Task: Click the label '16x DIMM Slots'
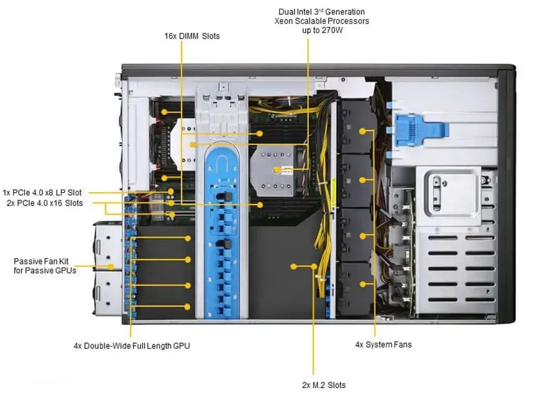pos(191,36)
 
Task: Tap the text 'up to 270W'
pos(322,30)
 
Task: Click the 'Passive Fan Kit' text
pos(41,261)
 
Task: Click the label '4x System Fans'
pos(383,344)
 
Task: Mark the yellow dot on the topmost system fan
pos(361,131)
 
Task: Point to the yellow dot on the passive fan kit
pos(111,266)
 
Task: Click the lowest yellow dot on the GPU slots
pos(188,306)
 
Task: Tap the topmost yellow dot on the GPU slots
pos(188,238)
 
